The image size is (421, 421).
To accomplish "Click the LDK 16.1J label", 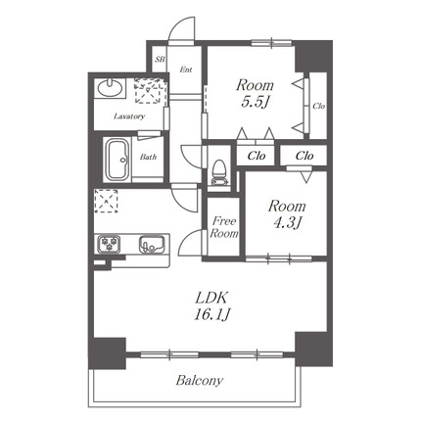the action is (212, 306).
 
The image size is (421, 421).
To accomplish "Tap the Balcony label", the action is (200, 381).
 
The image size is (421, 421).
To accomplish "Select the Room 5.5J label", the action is (255, 93).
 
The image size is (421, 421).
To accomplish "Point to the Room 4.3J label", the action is (287, 213).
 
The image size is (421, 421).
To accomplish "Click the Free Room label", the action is (224, 227).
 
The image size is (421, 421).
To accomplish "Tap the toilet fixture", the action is (218, 172).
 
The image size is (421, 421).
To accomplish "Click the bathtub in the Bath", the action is (117, 160).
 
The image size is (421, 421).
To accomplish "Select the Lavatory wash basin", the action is (111, 87).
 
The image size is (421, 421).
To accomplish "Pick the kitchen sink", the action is (151, 245).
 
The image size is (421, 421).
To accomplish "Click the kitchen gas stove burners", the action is (109, 244).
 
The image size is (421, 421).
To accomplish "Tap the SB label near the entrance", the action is (160, 60).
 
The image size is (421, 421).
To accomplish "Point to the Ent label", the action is (186, 70).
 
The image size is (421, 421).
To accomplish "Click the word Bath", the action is (148, 157).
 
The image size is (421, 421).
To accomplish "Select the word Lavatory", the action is (129, 117).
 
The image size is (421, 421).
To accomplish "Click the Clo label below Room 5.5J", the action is (257, 156).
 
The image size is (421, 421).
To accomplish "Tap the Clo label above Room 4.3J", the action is (304, 156).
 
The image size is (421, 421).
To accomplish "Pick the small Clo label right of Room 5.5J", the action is (318, 106).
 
